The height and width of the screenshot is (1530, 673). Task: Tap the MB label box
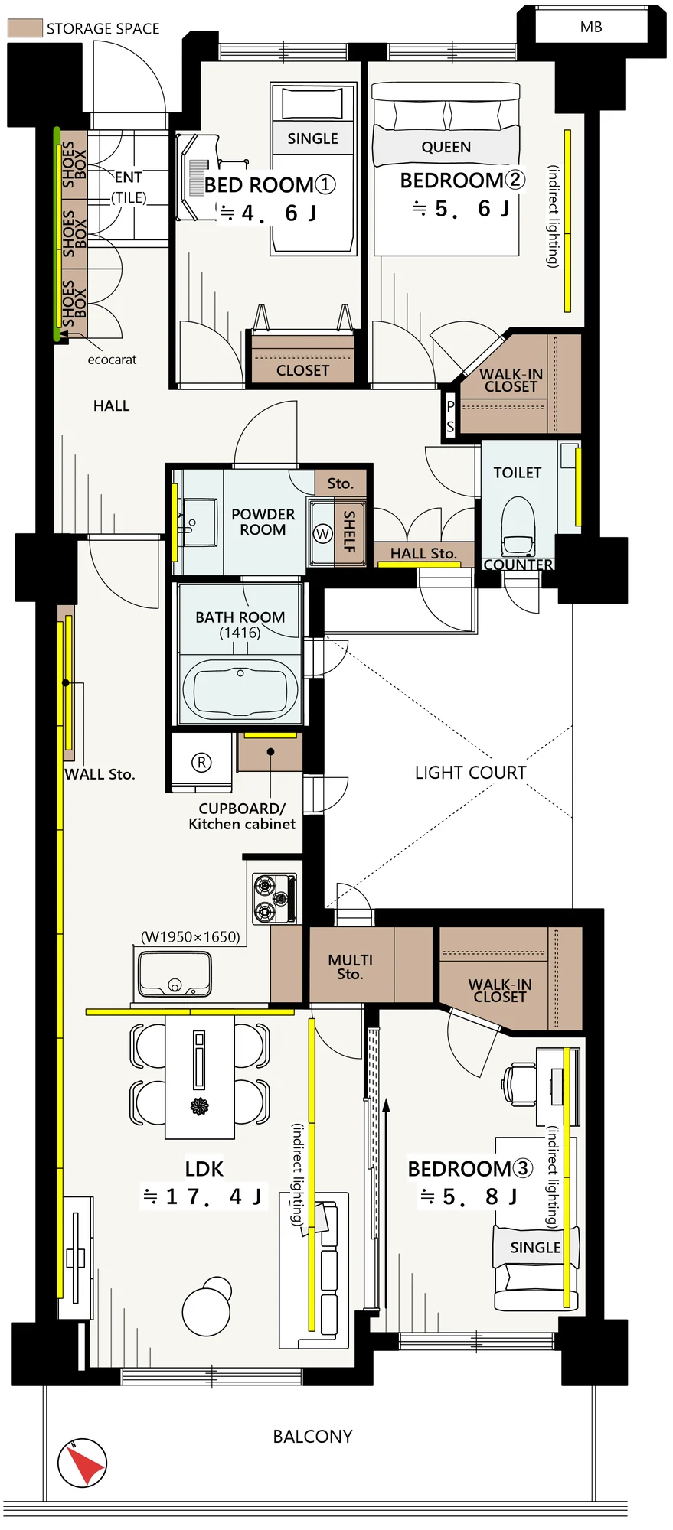tap(591, 27)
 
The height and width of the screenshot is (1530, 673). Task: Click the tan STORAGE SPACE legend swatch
tap(25, 28)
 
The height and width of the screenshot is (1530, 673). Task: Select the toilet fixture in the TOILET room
tap(518, 525)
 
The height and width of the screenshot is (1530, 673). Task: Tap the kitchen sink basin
tap(175, 973)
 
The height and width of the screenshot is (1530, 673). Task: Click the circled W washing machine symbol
tap(323, 534)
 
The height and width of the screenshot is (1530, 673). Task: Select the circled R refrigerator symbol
tap(201, 762)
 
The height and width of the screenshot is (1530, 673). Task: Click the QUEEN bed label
tap(446, 147)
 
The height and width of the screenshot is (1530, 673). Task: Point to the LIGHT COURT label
tap(470, 773)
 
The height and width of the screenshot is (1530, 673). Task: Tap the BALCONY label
tap(312, 1437)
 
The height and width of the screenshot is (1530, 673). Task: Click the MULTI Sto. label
tap(350, 967)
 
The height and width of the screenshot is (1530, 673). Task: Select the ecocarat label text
tap(112, 360)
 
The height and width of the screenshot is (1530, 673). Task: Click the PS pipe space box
tap(450, 416)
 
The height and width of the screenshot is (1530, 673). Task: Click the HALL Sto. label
tap(423, 553)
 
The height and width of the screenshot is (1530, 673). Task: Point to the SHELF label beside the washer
tap(349, 531)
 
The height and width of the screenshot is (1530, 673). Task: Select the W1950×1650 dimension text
tap(190, 937)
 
